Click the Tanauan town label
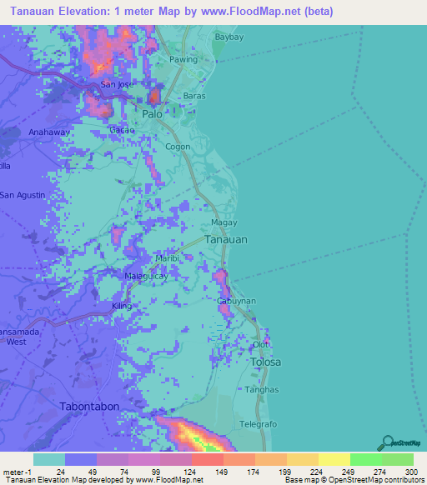coord(226,239)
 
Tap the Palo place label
coord(152,113)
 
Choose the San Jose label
coord(116,85)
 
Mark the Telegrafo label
coord(258,424)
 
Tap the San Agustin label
coord(23,195)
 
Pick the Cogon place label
coord(178,147)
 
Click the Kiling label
coord(122,307)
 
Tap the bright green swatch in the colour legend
coord(365,459)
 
